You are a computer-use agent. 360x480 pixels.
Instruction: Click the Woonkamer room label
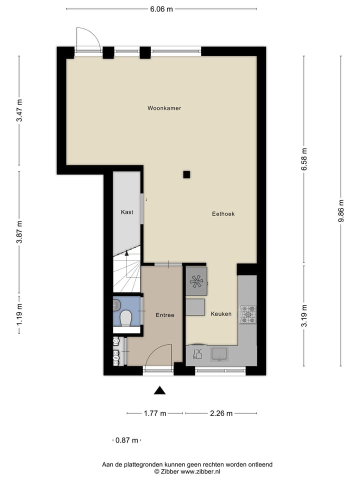click(x=164, y=108)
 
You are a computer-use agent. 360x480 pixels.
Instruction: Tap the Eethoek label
click(x=223, y=213)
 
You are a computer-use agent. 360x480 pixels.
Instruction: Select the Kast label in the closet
click(x=127, y=212)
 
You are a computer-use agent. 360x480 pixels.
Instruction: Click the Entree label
click(x=165, y=315)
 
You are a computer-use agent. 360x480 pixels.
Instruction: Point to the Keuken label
click(x=221, y=314)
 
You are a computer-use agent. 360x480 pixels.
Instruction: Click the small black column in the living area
click(x=186, y=174)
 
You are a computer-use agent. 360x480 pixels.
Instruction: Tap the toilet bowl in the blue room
click(x=126, y=317)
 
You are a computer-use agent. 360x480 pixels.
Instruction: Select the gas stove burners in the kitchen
click(x=247, y=314)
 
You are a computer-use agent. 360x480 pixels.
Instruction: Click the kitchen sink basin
click(x=219, y=354)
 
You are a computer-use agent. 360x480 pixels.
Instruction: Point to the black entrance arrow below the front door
click(x=159, y=390)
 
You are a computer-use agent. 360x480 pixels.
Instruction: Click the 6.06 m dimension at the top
click(x=161, y=9)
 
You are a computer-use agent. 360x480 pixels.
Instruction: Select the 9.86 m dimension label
click(x=341, y=210)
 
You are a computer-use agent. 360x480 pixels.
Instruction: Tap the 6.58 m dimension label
click(x=304, y=160)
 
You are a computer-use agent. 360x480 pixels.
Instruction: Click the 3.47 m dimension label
click(x=19, y=110)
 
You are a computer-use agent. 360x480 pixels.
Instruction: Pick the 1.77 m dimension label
click(x=155, y=413)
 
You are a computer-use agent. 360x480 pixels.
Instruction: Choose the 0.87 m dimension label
click(x=126, y=440)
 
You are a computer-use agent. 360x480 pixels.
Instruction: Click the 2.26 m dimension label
click(x=221, y=413)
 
